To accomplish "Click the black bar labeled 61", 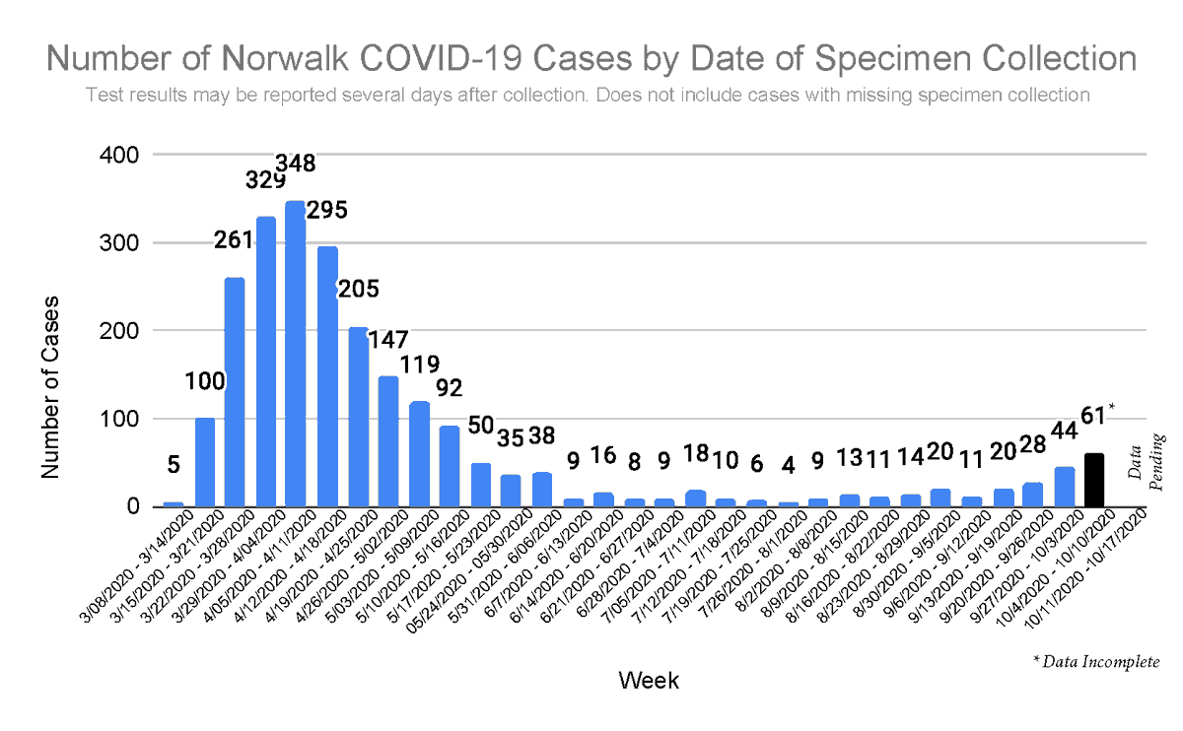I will click(1094, 480).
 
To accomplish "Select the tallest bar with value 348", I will click(296, 355).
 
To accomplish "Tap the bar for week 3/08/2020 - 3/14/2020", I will click(173, 503).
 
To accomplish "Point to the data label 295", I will click(327, 211).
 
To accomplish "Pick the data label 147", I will click(388, 340).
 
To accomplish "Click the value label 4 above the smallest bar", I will click(787, 464).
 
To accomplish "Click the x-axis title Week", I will click(648, 680).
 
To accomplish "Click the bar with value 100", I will click(204, 462).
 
